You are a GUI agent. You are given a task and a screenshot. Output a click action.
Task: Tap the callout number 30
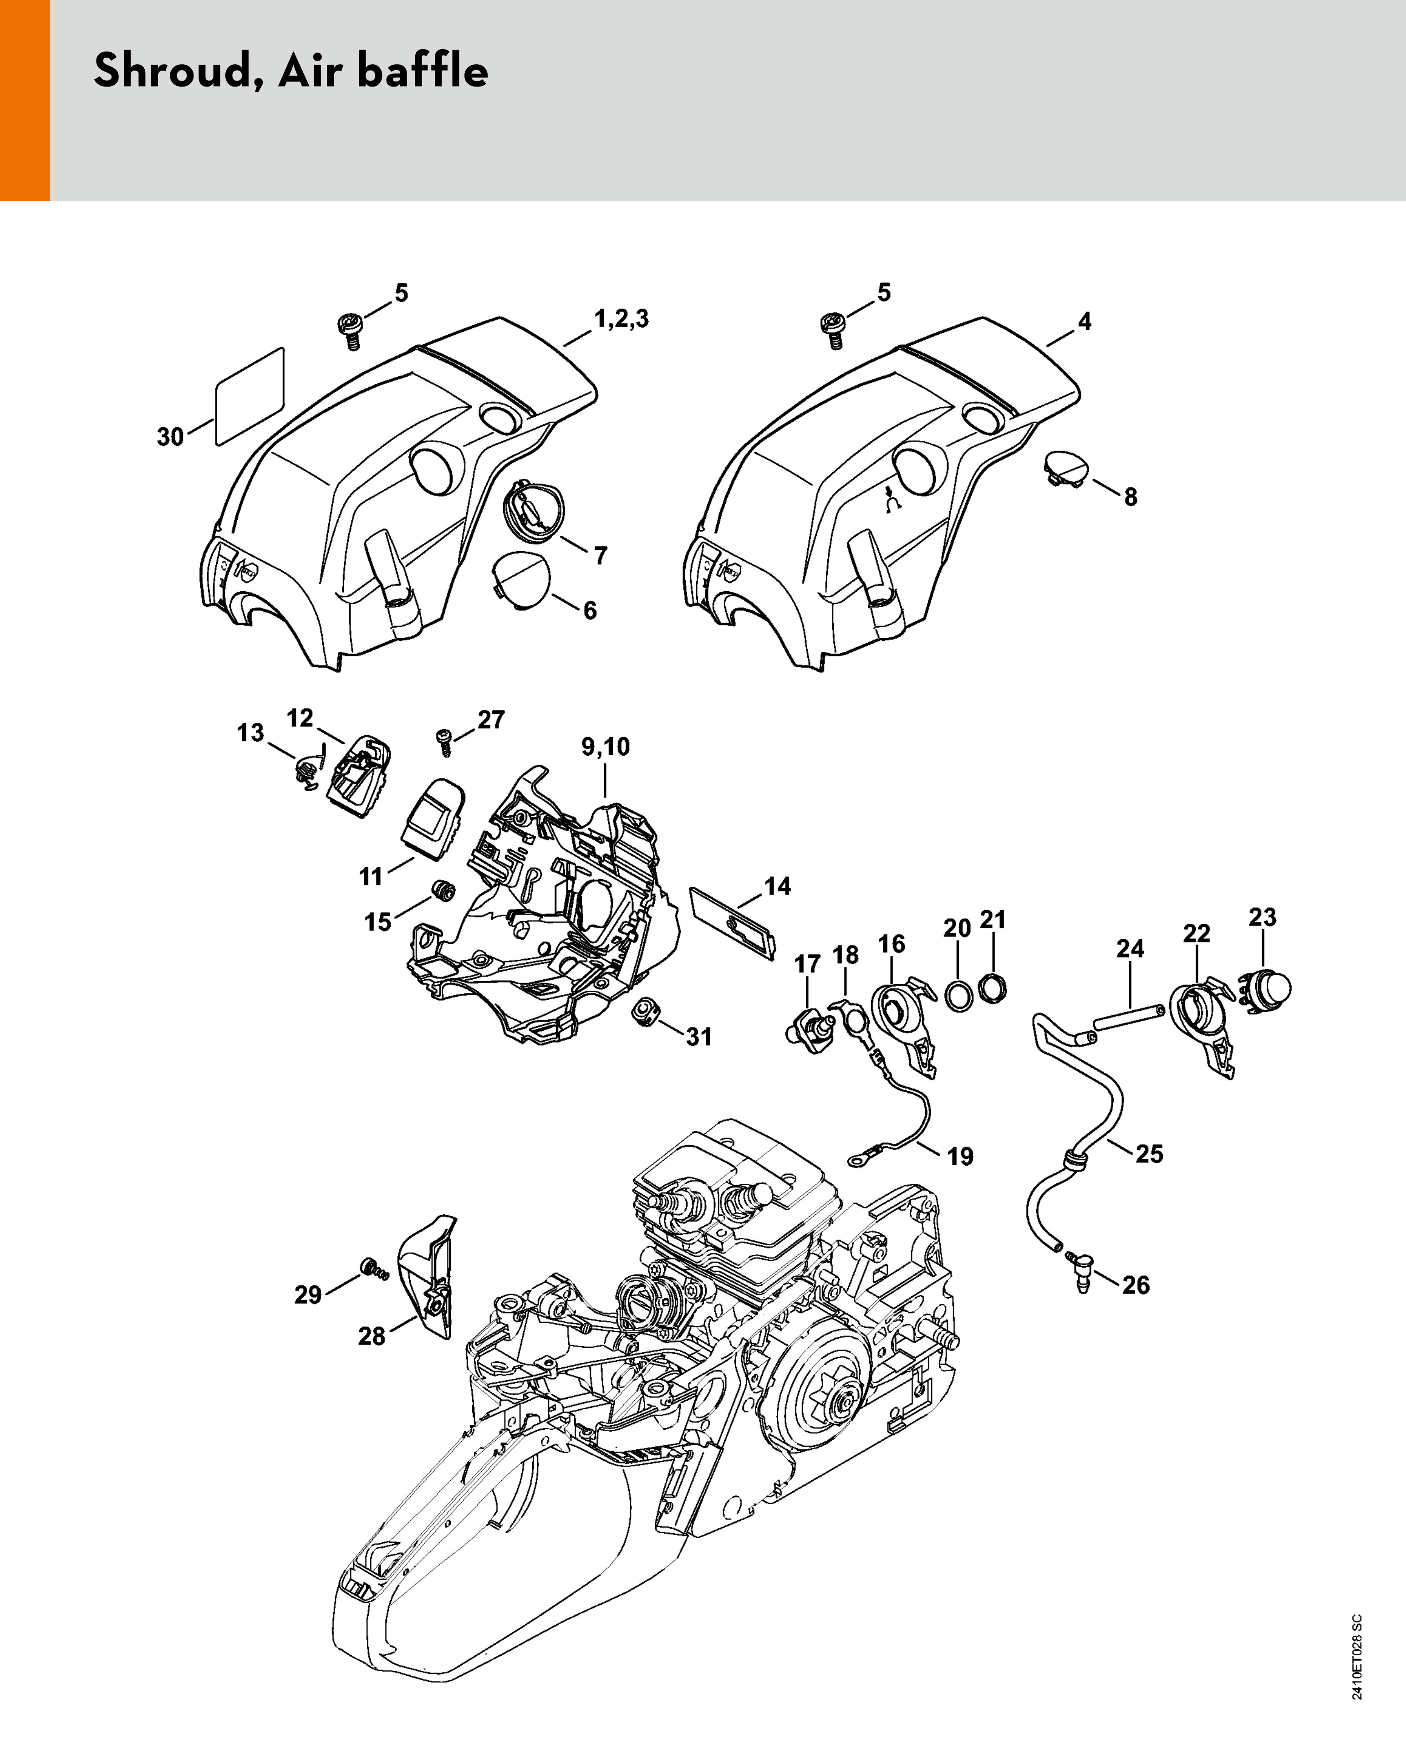(x=171, y=437)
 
